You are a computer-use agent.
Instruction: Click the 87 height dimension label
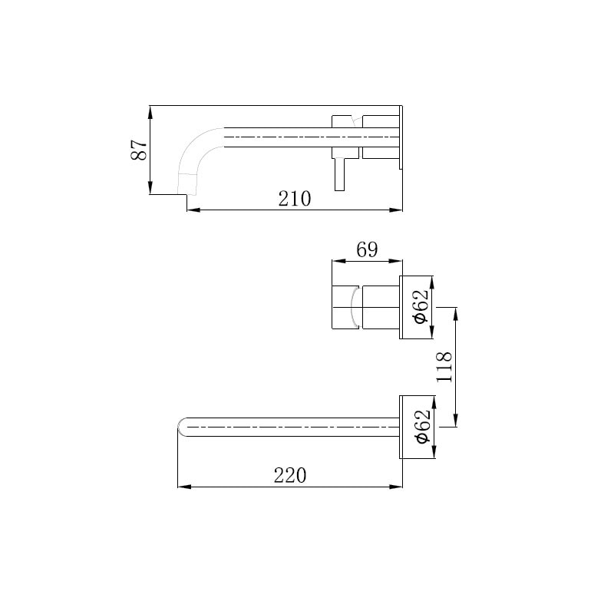(x=139, y=150)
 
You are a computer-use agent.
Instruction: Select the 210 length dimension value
(x=295, y=199)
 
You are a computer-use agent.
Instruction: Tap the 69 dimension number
(x=367, y=249)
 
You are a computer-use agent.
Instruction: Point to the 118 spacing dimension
(x=444, y=367)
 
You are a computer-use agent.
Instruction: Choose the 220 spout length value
(x=290, y=476)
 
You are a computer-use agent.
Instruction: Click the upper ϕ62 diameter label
(x=421, y=306)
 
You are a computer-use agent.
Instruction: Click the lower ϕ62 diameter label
(x=422, y=427)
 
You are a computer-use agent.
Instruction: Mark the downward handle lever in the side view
(x=339, y=175)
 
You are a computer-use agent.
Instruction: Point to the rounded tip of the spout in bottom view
(x=180, y=427)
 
